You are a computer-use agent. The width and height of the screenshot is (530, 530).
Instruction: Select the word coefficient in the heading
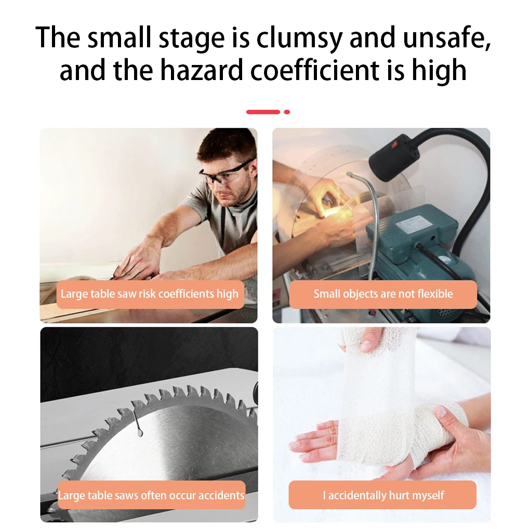[315, 70]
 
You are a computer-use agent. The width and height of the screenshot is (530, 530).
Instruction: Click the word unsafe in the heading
[447, 37]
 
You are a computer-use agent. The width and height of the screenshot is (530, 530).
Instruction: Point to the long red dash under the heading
[263, 112]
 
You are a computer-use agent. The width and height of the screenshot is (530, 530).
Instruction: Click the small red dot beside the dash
[287, 112]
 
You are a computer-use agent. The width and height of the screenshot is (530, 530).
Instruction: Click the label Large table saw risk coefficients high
[150, 294]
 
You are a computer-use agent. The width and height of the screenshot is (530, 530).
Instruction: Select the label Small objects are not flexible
[383, 294]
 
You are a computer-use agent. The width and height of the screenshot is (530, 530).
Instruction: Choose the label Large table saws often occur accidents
[151, 495]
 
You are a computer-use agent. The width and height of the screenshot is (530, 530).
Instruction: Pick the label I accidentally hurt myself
[383, 496]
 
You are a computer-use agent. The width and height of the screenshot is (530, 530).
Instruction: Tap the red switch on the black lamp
[394, 145]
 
